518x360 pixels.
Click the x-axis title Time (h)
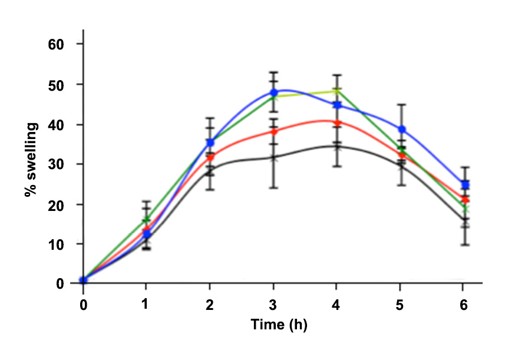[x=279, y=325]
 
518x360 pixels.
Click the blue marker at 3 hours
[x=274, y=93]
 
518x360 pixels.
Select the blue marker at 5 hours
[x=402, y=129]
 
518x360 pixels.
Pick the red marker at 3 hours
[x=274, y=131]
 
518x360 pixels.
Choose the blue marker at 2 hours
[x=210, y=143]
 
